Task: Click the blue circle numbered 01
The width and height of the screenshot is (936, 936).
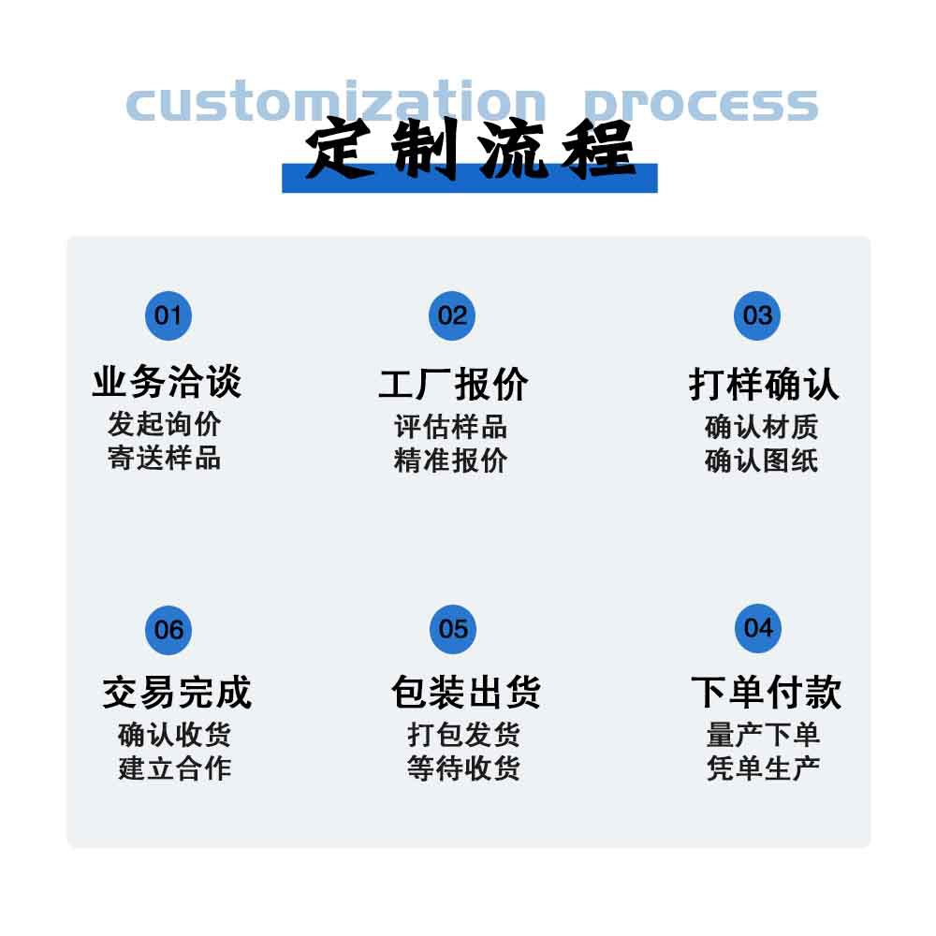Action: point(168,315)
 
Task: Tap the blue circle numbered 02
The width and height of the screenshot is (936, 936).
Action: point(452,315)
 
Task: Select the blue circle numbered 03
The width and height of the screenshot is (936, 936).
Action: point(757,315)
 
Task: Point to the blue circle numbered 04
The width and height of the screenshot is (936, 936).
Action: point(757,627)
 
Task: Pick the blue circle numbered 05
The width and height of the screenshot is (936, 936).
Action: point(453,628)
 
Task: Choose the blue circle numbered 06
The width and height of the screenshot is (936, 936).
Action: point(168,629)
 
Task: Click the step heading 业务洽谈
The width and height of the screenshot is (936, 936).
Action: point(167,382)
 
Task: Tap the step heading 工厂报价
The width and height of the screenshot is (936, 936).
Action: point(453,384)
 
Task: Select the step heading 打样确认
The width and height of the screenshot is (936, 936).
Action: point(764,384)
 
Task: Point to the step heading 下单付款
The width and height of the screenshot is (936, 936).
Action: point(766,693)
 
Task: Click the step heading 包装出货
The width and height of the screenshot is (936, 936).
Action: point(465,693)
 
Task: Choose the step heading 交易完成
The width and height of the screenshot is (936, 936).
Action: point(177,693)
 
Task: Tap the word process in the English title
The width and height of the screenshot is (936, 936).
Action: point(700,103)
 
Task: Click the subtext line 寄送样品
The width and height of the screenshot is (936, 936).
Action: point(165,459)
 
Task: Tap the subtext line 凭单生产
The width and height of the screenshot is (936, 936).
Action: point(764,768)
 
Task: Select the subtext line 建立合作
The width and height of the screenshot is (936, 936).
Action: point(175,768)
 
